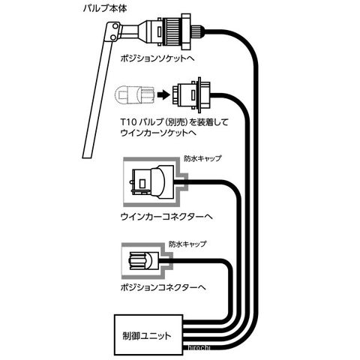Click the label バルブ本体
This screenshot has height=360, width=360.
[x=105, y=8]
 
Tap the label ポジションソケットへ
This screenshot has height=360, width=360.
[x=157, y=58]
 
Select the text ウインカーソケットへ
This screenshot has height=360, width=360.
[x=157, y=133]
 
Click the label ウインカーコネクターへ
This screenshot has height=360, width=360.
[x=166, y=216]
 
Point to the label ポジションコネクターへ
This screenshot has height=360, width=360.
[x=163, y=287]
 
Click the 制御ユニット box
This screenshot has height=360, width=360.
[x=148, y=334]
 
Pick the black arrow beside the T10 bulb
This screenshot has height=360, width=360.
[x=163, y=95]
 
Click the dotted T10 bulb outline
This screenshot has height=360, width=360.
[x=135, y=95]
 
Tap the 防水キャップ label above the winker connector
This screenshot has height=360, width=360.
[x=202, y=158]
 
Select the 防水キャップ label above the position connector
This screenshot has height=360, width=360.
[x=187, y=244]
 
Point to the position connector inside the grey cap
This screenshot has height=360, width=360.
[x=143, y=261]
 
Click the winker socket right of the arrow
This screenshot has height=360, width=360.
[x=192, y=94]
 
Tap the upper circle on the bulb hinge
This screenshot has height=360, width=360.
[x=115, y=25]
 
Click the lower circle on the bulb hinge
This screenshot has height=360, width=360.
[x=113, y=37]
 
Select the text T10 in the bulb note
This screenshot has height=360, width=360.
[x=128, y=122]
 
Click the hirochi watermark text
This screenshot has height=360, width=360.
[x=199, y=348]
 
